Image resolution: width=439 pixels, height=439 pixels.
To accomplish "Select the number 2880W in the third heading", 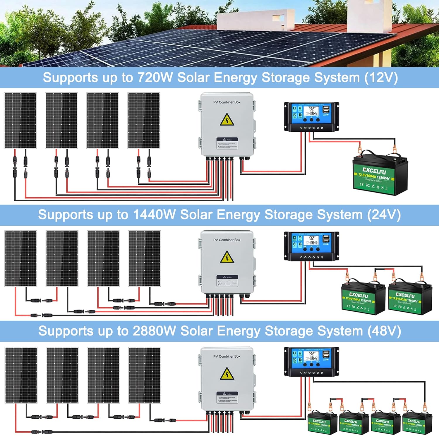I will pyautogui.click(x=154, y=331).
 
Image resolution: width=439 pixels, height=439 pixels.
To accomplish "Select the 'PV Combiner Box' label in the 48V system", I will pyautogui.click(x=227, y=356).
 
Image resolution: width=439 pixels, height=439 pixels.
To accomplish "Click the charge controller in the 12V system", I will pyautogui.click(x=311, y=116).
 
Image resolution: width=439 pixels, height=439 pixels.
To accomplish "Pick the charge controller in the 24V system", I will pyautogui.click(x=311, y=246).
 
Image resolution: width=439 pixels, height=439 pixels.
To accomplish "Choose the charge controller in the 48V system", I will pyautogui.click(x=311, y=361).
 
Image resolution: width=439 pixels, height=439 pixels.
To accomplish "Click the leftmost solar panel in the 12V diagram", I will pyautogui.click(x=20, y=121).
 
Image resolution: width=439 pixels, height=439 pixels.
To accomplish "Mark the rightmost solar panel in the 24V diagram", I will pyautogui.click(x=144, y=258).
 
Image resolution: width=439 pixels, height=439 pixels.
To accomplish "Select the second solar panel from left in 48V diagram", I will pyautogui.click(x=62, y=375).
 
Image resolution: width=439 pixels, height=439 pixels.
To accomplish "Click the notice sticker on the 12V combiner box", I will pyautogui.click(x=227, y=143).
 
